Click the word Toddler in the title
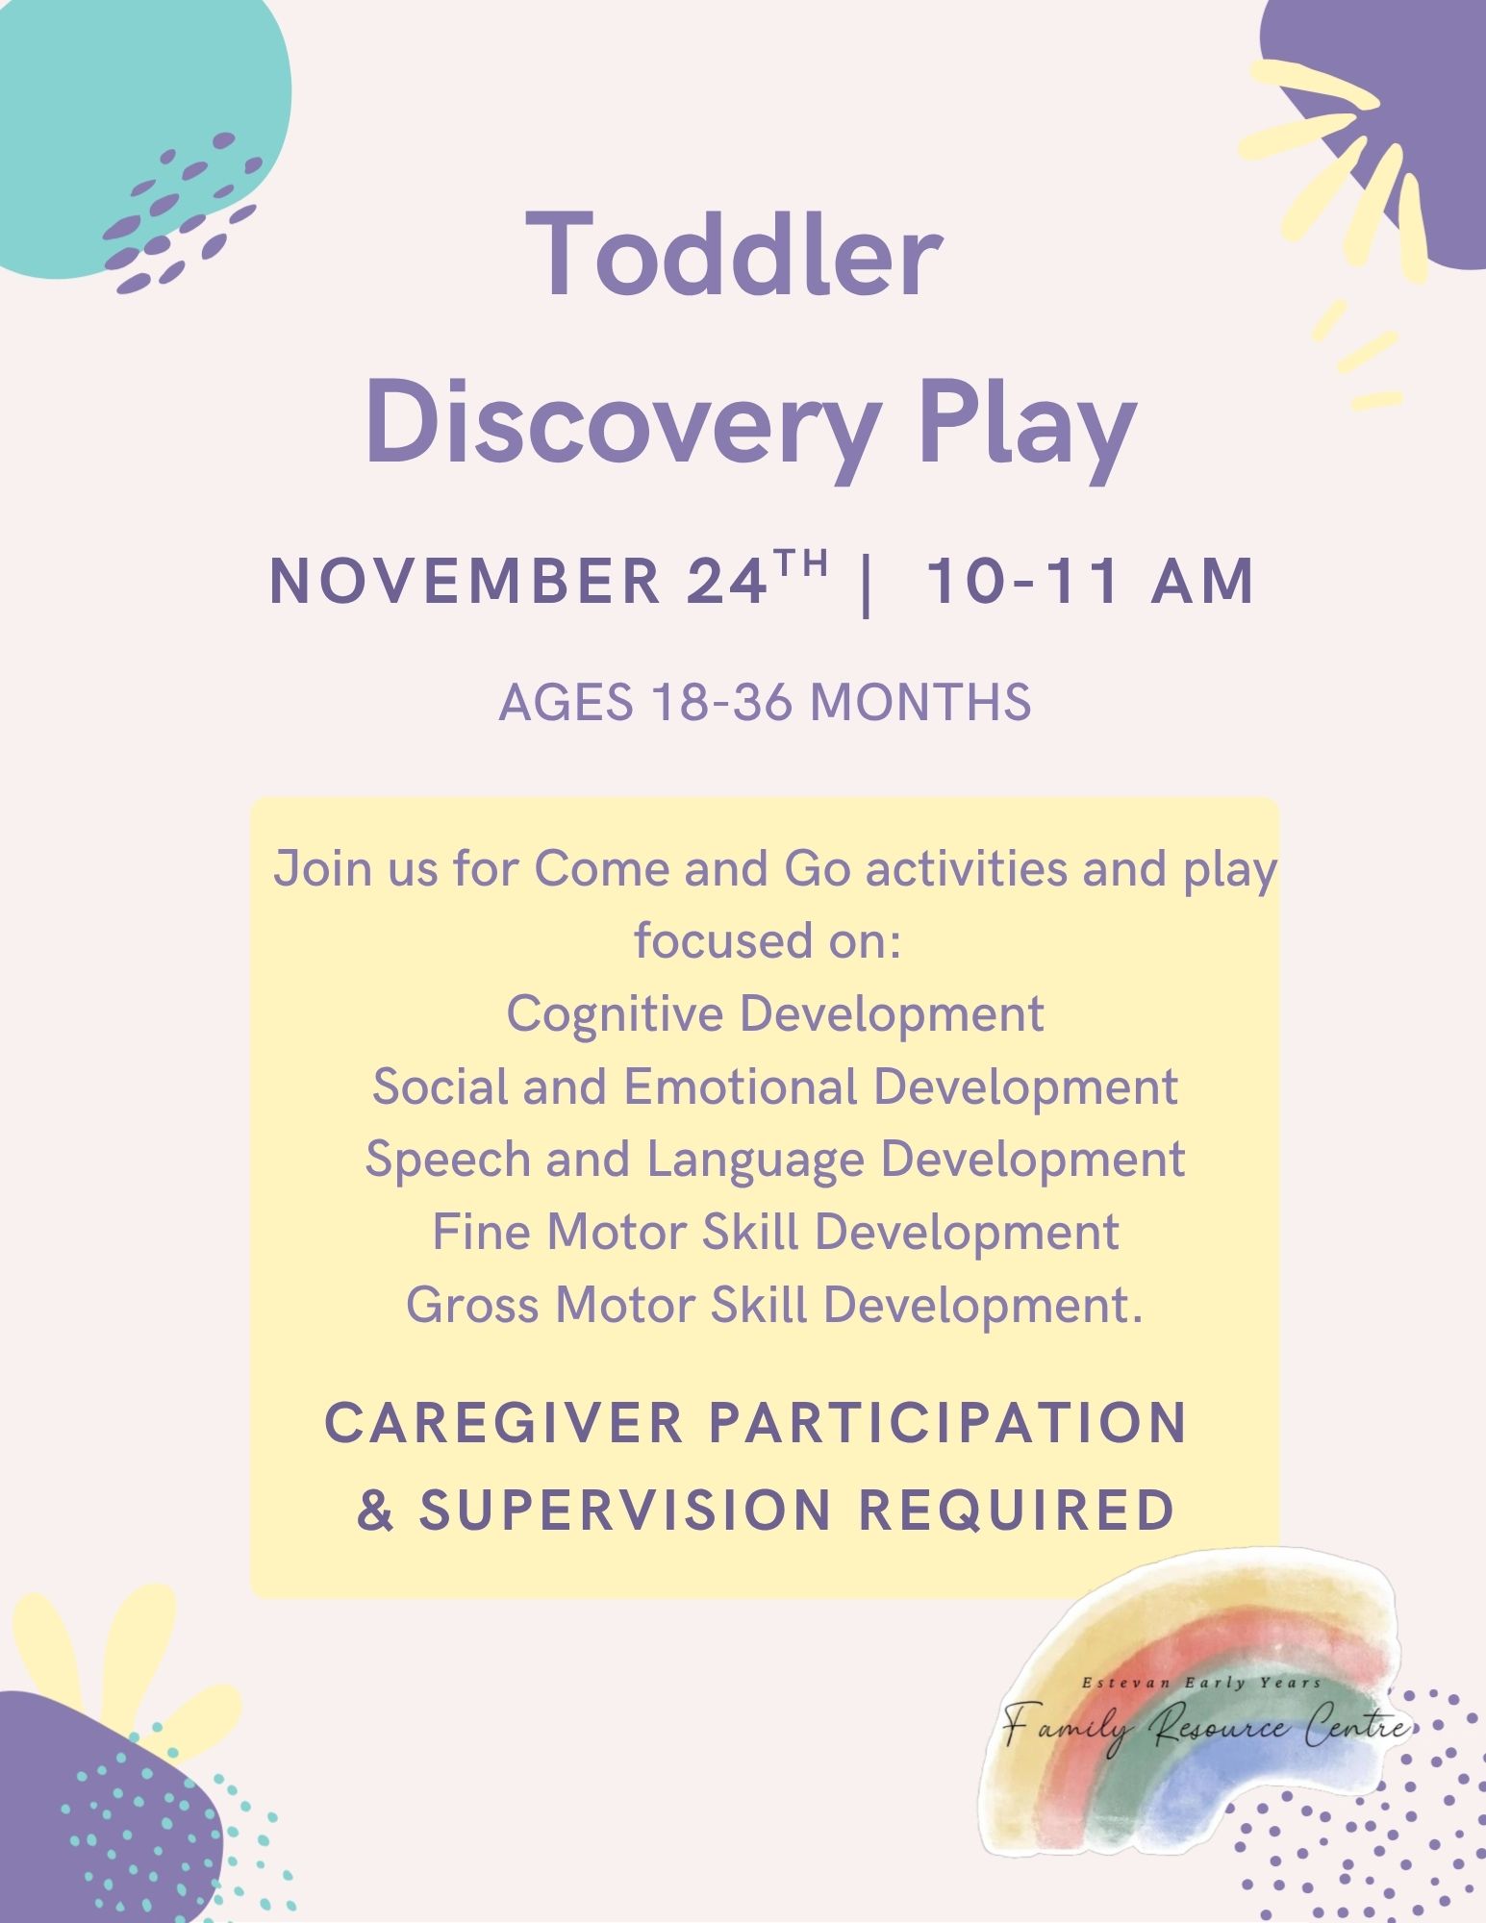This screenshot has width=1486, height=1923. point(735,254)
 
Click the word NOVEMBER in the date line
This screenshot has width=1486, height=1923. point(465,582)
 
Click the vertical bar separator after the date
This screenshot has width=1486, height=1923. point(868,585)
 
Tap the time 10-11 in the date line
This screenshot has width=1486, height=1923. point(1024,582)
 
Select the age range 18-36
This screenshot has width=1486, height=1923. point(721,702)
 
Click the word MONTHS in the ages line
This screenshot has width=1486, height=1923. point(921,702)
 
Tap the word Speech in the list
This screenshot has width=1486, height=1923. point(447,1161)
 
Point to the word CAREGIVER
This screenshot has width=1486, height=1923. point(504,1423)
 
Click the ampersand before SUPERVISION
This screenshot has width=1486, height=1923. point(375,1510)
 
